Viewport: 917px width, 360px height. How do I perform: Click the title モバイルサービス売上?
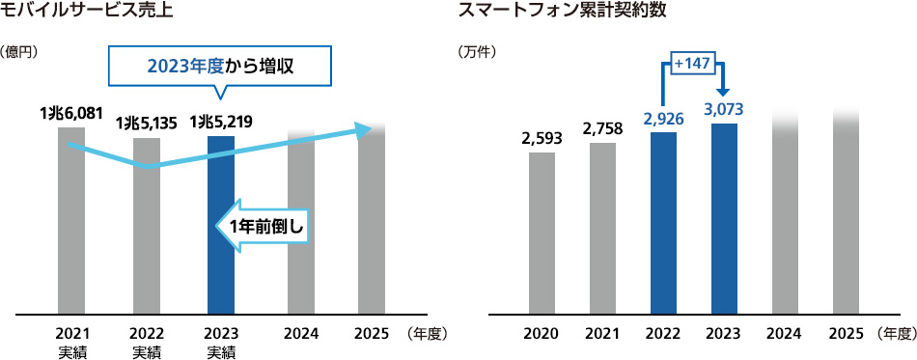tap(88, 13)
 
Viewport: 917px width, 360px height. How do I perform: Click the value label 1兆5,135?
tap(146, 124)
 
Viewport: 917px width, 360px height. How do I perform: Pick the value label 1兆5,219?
tap(221, 123)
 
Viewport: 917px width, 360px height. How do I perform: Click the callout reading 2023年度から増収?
tap(220, 67)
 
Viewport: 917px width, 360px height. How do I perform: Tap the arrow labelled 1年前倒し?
tap(264, 226)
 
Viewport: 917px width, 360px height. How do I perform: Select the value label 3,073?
tap(724, 107)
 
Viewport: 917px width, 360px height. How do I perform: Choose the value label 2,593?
tap(542, 137)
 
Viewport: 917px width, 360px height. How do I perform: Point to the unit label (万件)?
tap(477, 51)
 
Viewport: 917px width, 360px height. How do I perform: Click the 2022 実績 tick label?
tap(147, 343)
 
